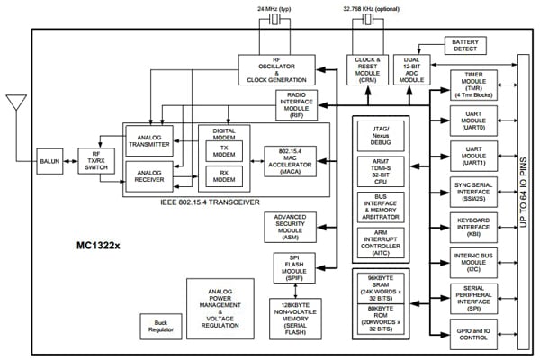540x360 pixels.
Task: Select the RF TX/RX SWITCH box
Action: (x=94, y=163)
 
